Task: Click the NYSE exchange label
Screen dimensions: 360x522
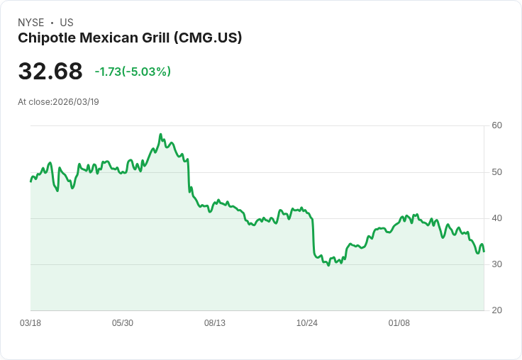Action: [x=30, y=23]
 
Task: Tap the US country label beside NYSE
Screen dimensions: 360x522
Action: [x=67, y=23]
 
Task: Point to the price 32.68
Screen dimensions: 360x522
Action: [x=50, y=72]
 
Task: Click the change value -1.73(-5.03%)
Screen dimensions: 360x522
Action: [x=133, y=72]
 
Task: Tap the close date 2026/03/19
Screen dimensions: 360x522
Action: [x=76, y=102]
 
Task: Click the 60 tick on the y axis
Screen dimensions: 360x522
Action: [x=496, y=125]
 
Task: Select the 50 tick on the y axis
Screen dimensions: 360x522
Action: [x=496, y=172]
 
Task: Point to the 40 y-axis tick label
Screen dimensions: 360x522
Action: [x=496, y=218]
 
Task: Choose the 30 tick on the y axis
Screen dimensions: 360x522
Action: [x=496, y=264]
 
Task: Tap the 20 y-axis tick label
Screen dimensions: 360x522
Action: [x=496, y=310]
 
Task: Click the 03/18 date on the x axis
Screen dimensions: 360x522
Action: [x=30, y=323]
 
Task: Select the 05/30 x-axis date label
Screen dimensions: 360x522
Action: [x=123, y=323]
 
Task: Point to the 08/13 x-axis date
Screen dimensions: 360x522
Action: [x=215, y=323]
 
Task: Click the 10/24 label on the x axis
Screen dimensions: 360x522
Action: [x=307, y=323]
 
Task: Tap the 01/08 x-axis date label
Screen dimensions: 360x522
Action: [x=399, y=323]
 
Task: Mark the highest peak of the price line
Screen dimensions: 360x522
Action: [x=160, y=134]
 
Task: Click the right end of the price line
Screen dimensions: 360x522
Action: [x=484, y=252]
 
